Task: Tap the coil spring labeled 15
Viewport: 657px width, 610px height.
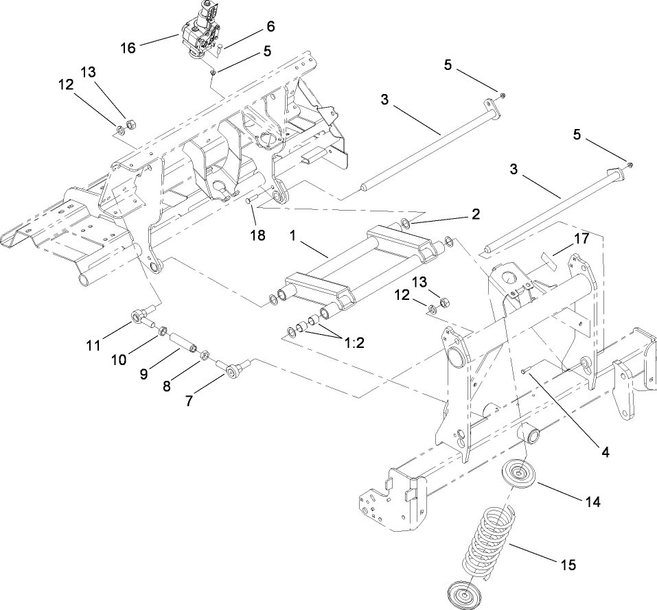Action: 488,543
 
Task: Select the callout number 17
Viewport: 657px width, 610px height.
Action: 581,239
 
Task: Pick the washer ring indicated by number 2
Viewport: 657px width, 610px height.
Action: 406,223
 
